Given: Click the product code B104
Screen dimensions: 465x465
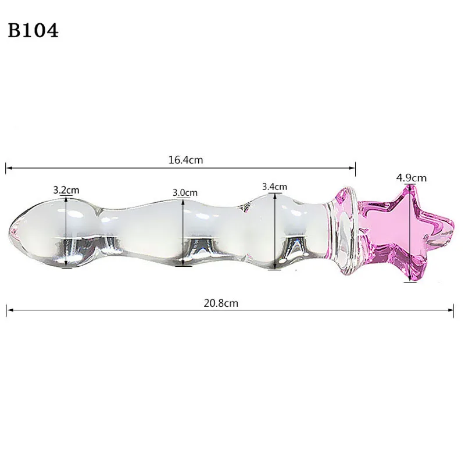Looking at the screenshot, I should pyautogui.click(x=34, y=31).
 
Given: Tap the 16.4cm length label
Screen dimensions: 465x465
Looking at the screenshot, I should pyautogui.click(x=185, y=160).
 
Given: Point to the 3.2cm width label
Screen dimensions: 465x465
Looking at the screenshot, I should pyautogui.click(x=66, y=189).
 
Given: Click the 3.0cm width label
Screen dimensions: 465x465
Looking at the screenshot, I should pyautogui.click(x=185, y=192).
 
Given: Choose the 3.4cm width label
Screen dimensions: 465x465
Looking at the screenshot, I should pyautogui.click(x=274, y=187).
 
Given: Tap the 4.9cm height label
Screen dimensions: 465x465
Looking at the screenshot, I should pyautogui.click(x=411, y=177).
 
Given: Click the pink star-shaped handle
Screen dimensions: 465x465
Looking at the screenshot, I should pyautogui.click(x=407, y=233).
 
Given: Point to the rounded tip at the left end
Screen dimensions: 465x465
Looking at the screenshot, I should pyautogui.click(x=14, y=231).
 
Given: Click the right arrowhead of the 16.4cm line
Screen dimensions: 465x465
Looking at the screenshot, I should pyautogui.click(x=353, y=169).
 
